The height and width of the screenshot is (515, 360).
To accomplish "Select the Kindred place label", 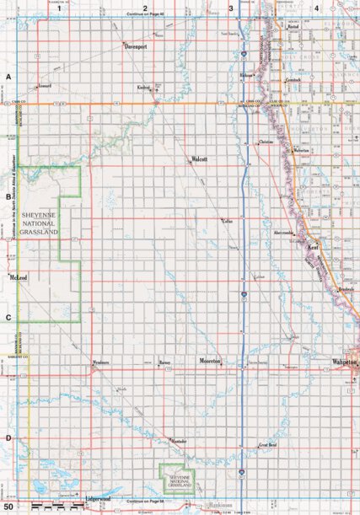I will (143, 88).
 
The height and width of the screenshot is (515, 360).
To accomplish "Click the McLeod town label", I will (18, 276).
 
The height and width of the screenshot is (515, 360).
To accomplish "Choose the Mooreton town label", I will (210, 362).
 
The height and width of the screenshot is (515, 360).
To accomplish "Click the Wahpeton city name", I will (345, 362).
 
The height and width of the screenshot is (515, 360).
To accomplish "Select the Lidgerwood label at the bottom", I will (99, 500).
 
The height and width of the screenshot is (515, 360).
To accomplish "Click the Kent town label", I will (312, 249).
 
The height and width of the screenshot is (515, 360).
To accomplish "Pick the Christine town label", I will (266, 142).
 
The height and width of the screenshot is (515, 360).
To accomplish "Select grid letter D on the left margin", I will (8, 437).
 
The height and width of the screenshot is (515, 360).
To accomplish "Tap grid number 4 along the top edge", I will (316, 8).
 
